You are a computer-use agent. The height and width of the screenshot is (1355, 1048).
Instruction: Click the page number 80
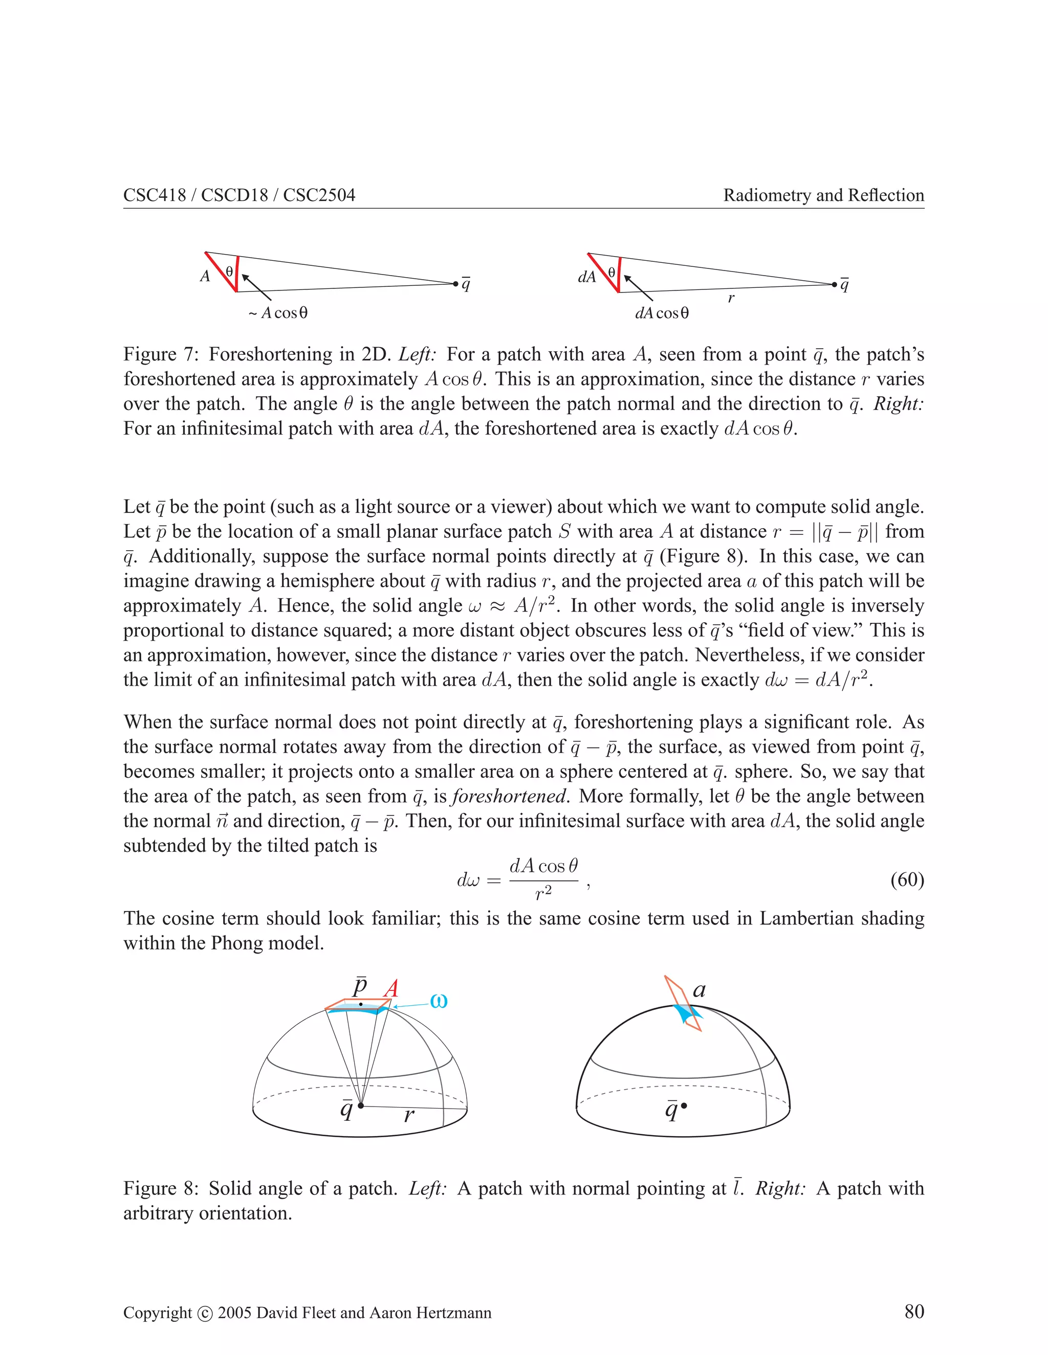(x=914, y=1312)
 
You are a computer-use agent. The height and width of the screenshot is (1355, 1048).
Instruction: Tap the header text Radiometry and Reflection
(x=823, y=195)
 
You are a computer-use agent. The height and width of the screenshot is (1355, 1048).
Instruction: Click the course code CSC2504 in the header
(x=319, y=195)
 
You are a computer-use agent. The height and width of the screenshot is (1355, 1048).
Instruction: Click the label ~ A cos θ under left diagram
(x=278, y=313)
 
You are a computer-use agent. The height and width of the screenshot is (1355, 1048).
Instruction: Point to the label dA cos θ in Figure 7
(x=661, y=313)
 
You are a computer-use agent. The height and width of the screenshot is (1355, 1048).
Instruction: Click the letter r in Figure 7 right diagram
(x=731, y=299)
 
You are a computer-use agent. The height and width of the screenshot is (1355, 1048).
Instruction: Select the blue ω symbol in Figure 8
(x=439, y=1001)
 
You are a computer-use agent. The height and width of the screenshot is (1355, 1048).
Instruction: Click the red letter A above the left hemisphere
(x=390, y=988)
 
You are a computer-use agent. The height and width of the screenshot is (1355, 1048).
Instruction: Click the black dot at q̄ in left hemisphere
(x=361, y=1105)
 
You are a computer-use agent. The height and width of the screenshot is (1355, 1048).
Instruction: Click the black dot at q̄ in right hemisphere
(x=684, y=1105)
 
